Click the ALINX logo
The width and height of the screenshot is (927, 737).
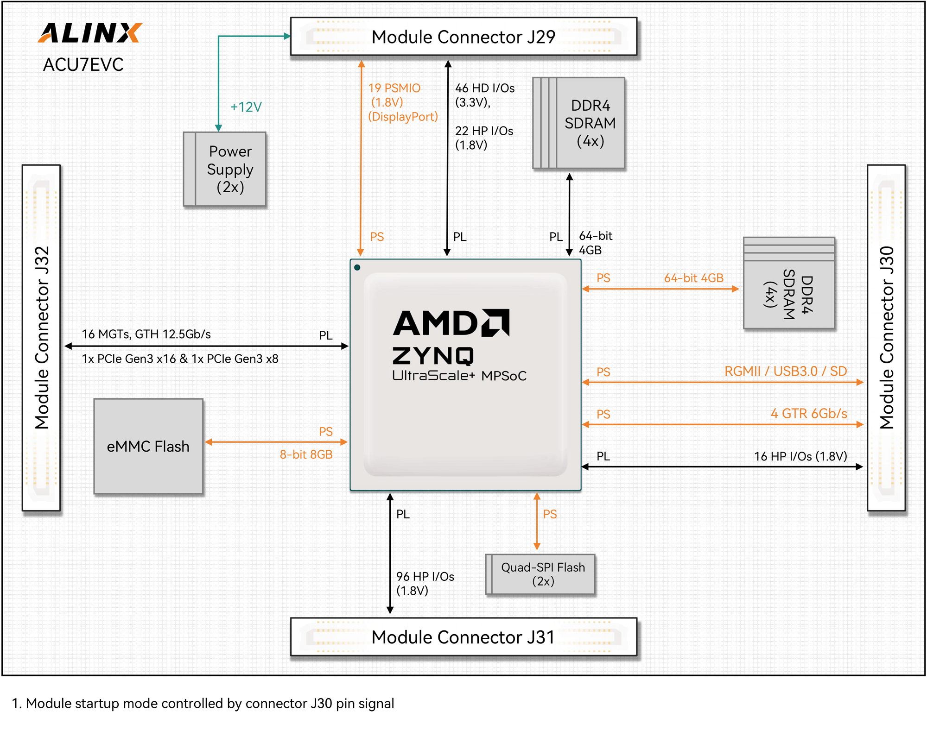90,33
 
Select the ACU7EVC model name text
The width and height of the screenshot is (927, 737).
83,65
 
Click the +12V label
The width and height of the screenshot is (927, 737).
246,107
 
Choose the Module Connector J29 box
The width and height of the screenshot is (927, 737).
463,37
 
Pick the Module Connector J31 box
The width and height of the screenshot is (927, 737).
463,637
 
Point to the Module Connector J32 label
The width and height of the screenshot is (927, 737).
41,338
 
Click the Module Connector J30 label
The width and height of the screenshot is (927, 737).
886,338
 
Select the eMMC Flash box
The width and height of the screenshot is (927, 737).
148,447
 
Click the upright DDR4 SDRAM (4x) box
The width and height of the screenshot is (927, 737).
579,123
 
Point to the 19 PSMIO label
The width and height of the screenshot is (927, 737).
394,88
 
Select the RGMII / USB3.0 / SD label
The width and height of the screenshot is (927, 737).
786,371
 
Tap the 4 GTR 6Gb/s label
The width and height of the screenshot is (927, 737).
809,413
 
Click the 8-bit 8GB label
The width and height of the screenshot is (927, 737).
306,454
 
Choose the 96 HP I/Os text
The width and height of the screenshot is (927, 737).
425,577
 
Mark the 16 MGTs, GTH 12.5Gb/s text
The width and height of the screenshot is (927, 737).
146,334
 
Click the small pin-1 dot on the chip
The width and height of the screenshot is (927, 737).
357,267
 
